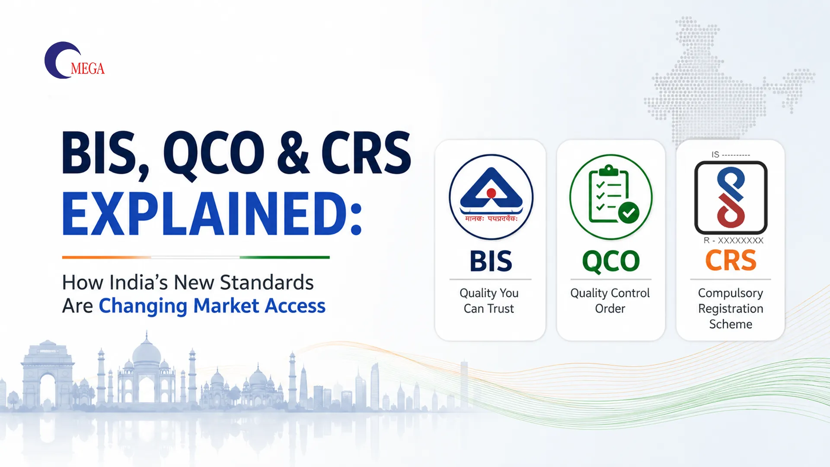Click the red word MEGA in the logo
[x=88, y=69]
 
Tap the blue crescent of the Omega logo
[x=54, y=61]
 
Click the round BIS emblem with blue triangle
[x=491, y=197]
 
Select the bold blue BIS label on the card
[x=491, y=261]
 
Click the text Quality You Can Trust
[x=489, y=301]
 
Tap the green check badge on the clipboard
[x=629, y=212]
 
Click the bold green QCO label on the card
[x=611, y=262]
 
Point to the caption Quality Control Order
[x=610, y=301]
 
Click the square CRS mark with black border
[x=731, y=198]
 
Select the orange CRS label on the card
[x=731, y=260]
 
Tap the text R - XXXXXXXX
[x=733, y=240]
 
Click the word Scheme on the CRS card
[x=731, y=324]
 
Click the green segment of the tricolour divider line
[x=284, y=257]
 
